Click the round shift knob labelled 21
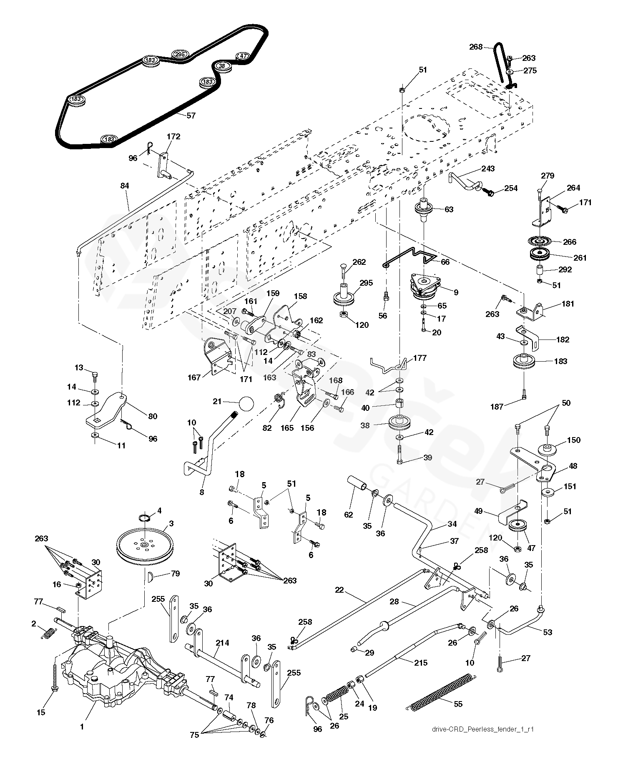pos(246,403)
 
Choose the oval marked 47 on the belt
pos(243,55)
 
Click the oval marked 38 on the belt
pos(222,66)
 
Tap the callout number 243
pos(487,168)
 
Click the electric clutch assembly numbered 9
pos(426,287)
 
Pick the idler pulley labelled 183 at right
pos(524,360)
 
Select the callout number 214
pos(222,643)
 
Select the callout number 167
pos(194,377)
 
